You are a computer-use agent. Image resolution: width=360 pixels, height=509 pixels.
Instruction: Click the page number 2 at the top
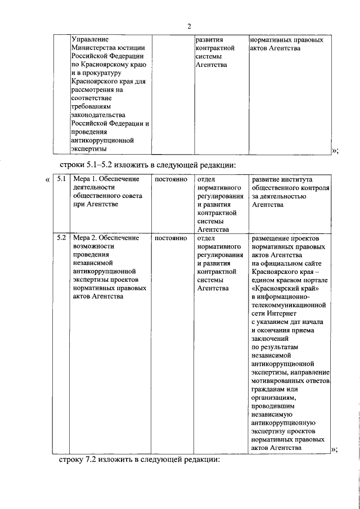(x=189, y=25)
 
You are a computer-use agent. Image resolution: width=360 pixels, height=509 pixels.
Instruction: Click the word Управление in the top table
(x=89, y=40)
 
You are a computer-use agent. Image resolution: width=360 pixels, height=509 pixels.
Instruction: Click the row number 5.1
(x=61, y=179)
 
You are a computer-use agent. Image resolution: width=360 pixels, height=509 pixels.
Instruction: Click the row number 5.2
(x=61, y=238)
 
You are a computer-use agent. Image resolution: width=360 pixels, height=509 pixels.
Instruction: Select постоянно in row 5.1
(x=170, y=179)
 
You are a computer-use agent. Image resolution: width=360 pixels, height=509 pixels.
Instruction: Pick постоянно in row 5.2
(x=170, y=238)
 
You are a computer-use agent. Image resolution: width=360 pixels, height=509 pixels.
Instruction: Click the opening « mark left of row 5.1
(x=47, y=179)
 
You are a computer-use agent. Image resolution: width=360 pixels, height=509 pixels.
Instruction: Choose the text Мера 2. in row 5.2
(x=86, y=238)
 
